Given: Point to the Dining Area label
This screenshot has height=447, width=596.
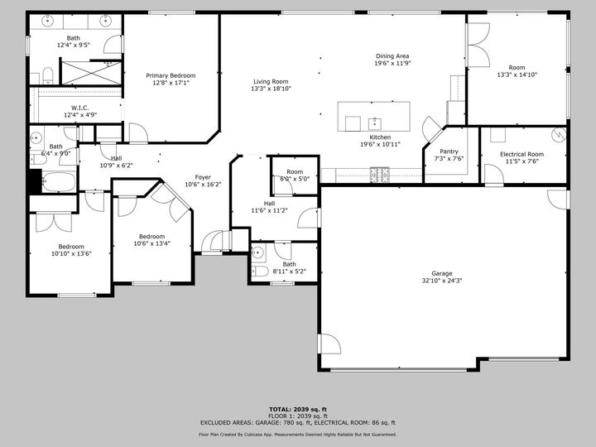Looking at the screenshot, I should coord(392,56).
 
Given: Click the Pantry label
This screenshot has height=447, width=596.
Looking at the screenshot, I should coord(449,151).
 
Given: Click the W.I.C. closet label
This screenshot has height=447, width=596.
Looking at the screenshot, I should coord(80,108).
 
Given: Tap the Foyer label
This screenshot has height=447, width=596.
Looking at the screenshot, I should coord(203,177).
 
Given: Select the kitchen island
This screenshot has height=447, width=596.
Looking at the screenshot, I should coord(373,116).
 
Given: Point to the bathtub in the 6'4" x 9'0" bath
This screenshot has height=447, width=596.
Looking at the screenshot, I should coord(58,181).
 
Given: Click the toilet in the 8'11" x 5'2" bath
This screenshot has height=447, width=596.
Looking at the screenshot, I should coord(260,271).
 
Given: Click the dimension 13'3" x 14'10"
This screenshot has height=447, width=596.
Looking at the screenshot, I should coord(517,74).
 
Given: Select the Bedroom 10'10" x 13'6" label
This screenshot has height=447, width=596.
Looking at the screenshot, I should coord(70,247).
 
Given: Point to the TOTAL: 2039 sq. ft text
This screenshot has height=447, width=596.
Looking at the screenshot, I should coord(297,409).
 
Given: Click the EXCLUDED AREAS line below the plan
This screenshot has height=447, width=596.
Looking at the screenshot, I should coord(297,422).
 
